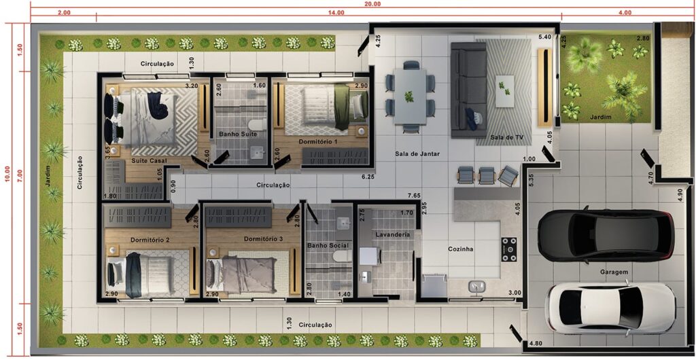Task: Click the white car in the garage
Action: coord(610,307)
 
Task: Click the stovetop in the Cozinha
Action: coord(509,249)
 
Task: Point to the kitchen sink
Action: coord(478,287)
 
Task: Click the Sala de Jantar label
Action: coord(417,154)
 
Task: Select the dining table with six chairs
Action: coord(410,96)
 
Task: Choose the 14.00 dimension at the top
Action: coord(336,12)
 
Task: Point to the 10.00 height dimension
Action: coord(6,172)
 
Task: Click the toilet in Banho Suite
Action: coord(257,124)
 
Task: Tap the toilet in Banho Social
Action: coord(343,256)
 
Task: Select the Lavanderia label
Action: coord(392,234)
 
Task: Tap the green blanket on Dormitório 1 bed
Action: coord(343,107)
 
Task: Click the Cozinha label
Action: coord(460,249)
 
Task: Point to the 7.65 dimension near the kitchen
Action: coord(414,195)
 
